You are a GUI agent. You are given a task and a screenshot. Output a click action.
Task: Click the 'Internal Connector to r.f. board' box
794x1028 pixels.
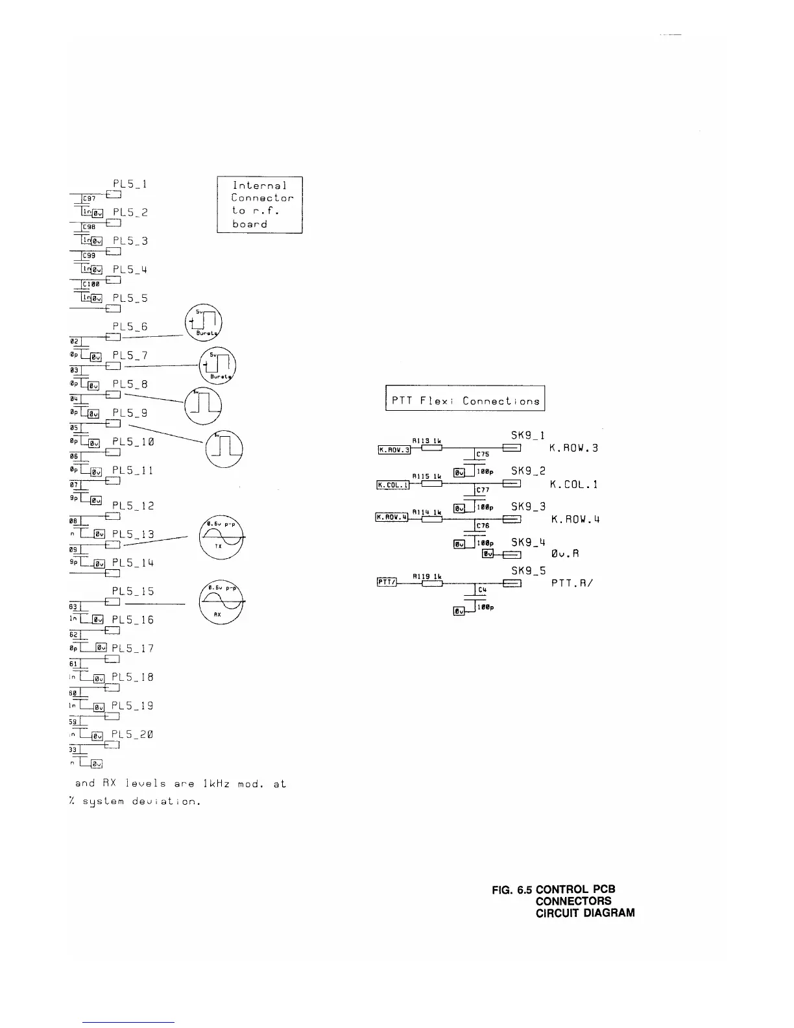click(x=259, y=204)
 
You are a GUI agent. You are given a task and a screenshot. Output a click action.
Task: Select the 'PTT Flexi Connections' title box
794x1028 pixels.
click(x=465, y=398)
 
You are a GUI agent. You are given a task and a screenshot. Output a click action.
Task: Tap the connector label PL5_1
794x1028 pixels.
click(x=130, y=184)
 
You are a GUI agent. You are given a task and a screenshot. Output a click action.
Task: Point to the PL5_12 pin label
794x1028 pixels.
click(x=133, y=506)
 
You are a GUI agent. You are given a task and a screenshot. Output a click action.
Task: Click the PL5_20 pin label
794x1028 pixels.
click(x=132, y=734)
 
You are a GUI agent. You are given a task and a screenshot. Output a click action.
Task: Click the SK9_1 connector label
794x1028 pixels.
click(x=528, y=435)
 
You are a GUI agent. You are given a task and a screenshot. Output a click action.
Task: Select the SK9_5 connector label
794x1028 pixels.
click(x=528, y=570)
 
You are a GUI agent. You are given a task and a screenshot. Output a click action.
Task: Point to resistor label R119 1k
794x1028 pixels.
click(x=427, y=576)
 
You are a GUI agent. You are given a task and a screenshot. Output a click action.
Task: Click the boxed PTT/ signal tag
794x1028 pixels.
click(x=387, y=582)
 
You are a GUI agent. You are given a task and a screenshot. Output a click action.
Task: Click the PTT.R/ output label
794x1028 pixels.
click(x=573, y=583)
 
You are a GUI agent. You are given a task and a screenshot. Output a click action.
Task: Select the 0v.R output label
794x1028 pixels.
click(x=564, y=554)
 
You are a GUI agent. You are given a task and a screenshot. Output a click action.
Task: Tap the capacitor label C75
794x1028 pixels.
click(x=483, y=454)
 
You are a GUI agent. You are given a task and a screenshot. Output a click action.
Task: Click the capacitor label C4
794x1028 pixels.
click(x=481, y=589)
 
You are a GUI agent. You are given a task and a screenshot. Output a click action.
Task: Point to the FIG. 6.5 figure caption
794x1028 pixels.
click(x=563, y=901)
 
